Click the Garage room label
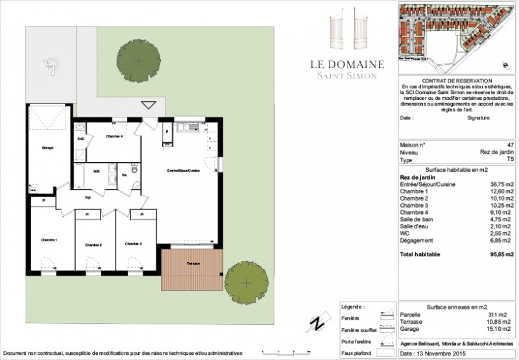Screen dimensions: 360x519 point(47,148)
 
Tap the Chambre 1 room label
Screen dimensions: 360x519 point(49,241)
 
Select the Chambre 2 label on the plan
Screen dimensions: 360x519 point(93,245)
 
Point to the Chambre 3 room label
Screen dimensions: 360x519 point(134,243)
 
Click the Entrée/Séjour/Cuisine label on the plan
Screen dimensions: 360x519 point(183,170)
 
